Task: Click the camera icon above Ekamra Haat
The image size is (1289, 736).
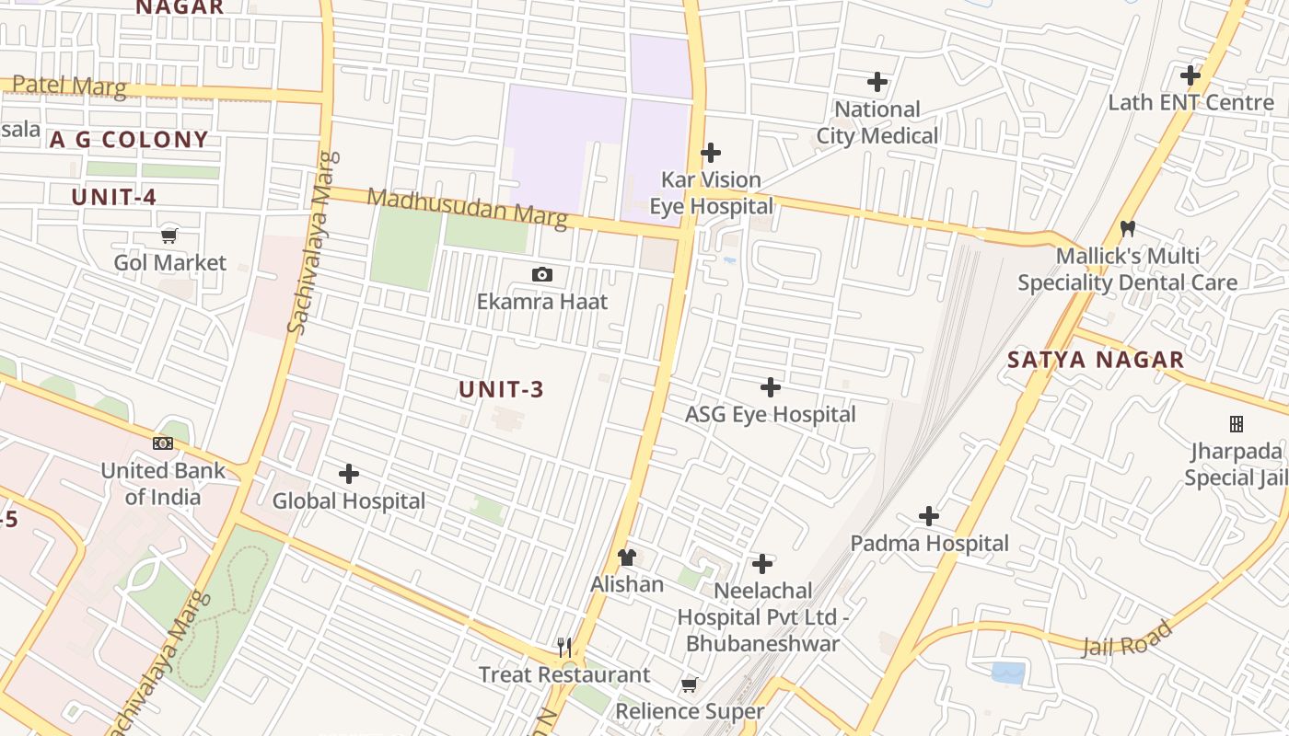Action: coord(542,274)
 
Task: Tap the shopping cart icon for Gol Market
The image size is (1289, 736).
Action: coord(169,236)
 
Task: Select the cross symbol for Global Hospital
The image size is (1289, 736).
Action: coord(349,474)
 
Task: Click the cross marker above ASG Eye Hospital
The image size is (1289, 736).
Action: coord(771,387)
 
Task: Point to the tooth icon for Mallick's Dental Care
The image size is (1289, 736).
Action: coord(1127,228)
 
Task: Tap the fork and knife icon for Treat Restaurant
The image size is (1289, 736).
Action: coord(564,648)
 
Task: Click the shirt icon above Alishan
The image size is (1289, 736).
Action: coord(627,557)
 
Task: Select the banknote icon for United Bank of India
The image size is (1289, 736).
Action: coord(163,443)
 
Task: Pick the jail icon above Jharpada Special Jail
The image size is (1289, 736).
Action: coord(1237,424)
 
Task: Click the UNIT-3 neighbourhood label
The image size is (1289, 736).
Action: coord(502,389)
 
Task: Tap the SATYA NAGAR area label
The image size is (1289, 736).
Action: coord(1096,360)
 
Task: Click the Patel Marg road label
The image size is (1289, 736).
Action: coord(69,86)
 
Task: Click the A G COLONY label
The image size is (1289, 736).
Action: coord(129,140)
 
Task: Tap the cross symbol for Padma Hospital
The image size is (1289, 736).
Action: coord(929,516)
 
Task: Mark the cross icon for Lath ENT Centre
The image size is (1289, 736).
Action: coord(1190,75)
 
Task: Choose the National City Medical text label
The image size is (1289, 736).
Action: coord(877,122)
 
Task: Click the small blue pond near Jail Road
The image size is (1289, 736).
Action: coord(1008,673)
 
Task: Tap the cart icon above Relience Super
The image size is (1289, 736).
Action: coord(689,684)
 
